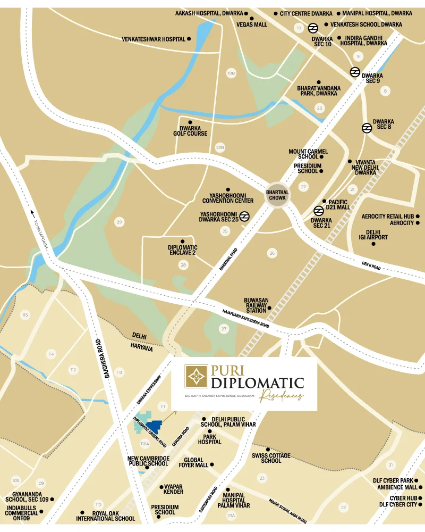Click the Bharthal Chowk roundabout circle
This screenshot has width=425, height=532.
(277, 195)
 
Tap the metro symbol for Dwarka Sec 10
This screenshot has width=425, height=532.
(313, 28)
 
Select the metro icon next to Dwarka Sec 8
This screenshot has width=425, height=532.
(366, 127)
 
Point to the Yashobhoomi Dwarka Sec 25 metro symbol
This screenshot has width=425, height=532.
(244, 216)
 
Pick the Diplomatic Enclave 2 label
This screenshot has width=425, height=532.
(182, 251)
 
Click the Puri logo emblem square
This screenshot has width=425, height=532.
(196, 377)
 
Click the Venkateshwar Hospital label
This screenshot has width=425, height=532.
(154, 39)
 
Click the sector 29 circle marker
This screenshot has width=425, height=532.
(119, 221)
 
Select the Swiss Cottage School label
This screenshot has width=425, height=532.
(271, 458)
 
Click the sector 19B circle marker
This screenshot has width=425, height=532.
(231, 73)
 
